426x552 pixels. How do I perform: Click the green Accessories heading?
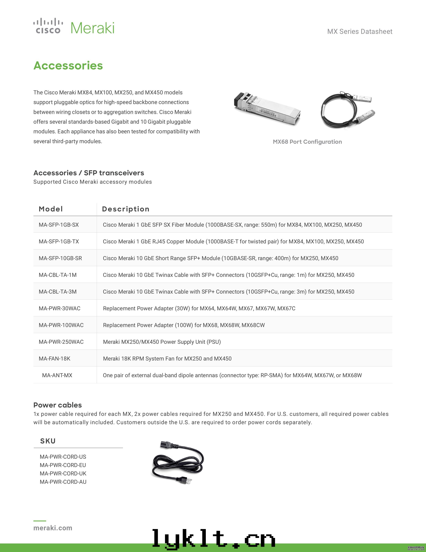tap(68, 65)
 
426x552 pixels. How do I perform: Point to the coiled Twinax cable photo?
tap(347, 110)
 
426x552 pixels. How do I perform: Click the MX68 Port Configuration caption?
tap(307, 142)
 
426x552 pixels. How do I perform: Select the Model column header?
tap(51, 209)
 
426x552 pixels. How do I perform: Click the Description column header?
tap(126, 209)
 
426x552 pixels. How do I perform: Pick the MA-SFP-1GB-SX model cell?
tap(59, 225)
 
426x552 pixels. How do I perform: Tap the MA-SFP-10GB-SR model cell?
tap(60, 258)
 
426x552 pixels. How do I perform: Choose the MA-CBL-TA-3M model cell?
tap(57, 292)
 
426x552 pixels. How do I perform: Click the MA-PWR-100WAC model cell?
tap(61, 325)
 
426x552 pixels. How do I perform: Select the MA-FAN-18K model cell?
tap(54, 358)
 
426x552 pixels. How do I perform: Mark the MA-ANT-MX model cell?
tap(57, 375)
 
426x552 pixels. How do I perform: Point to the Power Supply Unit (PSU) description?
tap(162, 342)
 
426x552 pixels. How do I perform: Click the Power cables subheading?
tap(57, 405)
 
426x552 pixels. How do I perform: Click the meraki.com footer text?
tap(53, 528)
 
